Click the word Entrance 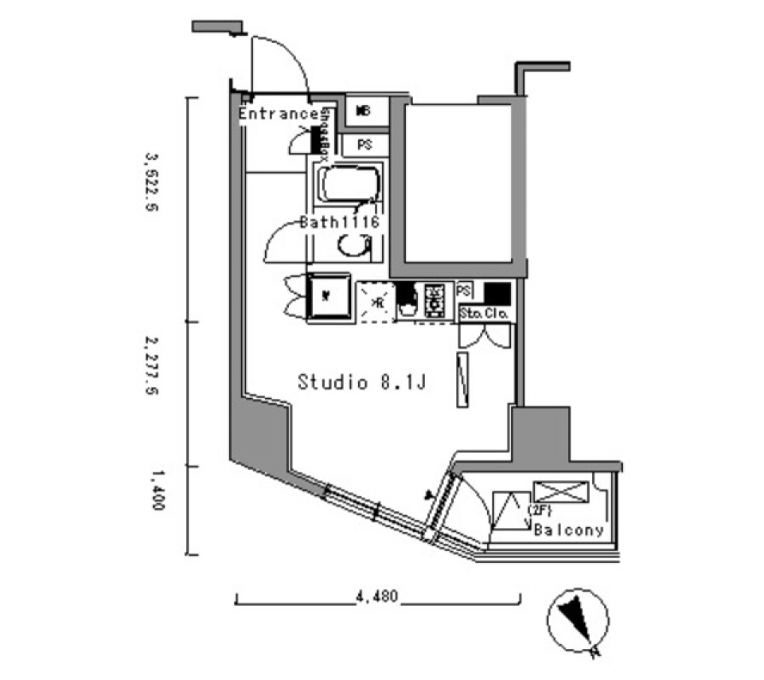pyautogui.click(x=279, y=114)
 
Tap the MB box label pyautogui.click(x=364, y=110)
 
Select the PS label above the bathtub pyautogui.click(x=364, y=145)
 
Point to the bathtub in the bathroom pyautogui.click(x=349, y=186)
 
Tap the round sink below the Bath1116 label pyautogui.click(x=350, y=248)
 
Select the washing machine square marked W pyautogui.click(x=329, y=298)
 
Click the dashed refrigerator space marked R pyautogui.click(x=376, y=302)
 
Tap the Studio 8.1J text pyautogui.click(x=363, y=382)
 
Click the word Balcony pyautogui.click(x=569, y=530)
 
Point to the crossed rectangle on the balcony pyautogui.click(x=562, y=490)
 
